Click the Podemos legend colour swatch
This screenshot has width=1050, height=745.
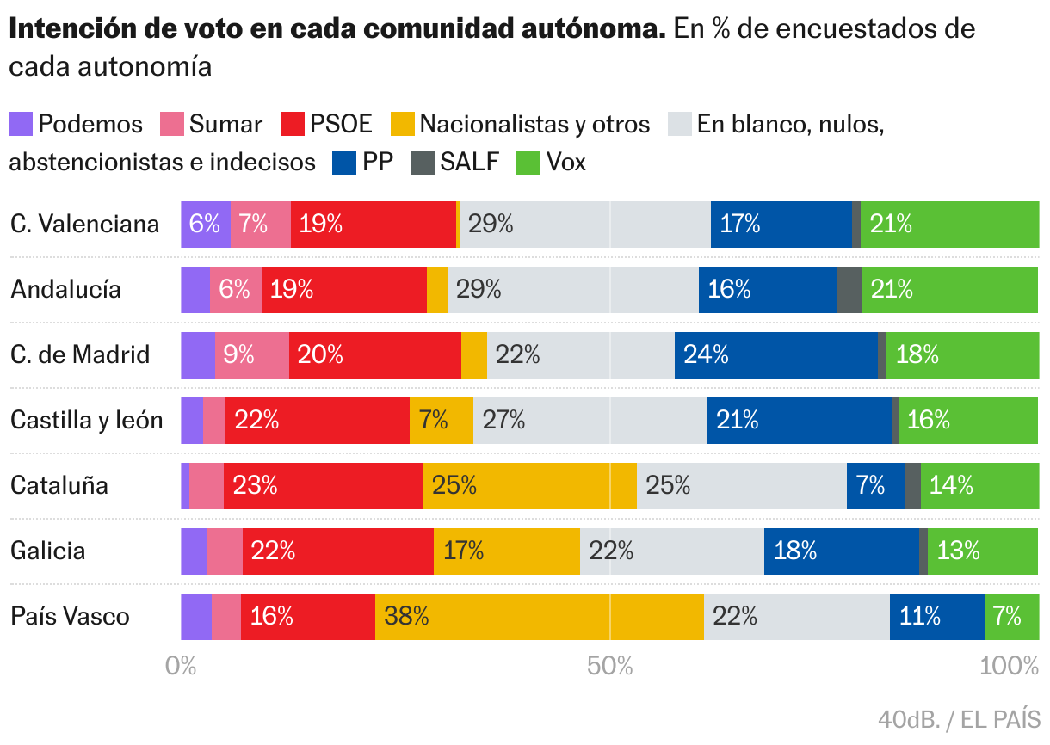pyautogui.click(x=21, y=124)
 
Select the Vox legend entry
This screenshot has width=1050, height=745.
pyautogui.click(x=551, y=163)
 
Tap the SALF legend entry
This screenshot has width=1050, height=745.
pyautogui.click(x=456, y=163)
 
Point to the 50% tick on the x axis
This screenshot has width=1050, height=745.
pyautogui.click(x=610, y=666)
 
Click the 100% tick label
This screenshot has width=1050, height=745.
pyautogui.click(x=1010, y=666)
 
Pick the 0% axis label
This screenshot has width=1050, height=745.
pyautogui.click(x=182, y=666)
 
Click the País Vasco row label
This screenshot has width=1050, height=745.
pyautogui.click(x=71, y=616)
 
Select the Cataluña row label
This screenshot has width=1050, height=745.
pyautogui.click(x=59, y=485)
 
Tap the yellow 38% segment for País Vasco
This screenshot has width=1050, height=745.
pyautogui.click(x=539, y=616)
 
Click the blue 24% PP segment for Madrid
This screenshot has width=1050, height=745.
pyautogui.click(x=775, y=354)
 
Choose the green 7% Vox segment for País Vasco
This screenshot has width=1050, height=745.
pyautogui.click(x=1011, y=616)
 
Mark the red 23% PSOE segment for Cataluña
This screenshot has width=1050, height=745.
pyautogui.click(x=323, y=485)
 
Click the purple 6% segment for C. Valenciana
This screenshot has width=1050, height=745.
pyautogui.click(x=206, y=224)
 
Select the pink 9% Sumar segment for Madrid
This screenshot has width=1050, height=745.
pyautogui.click(x=251, y=354)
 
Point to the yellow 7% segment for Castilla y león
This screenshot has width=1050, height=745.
pyautogui.click(x=441, y=420)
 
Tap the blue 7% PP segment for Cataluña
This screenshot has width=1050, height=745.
pyautogui.click(x=875, y=485)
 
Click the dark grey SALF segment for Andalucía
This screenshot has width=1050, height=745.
pyautogui.click(x=849, y=289)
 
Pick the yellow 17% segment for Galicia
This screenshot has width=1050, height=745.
pyautogui.click(x=506, y=551)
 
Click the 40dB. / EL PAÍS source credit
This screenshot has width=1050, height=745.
pyautogui.click(x=959, y=718)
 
